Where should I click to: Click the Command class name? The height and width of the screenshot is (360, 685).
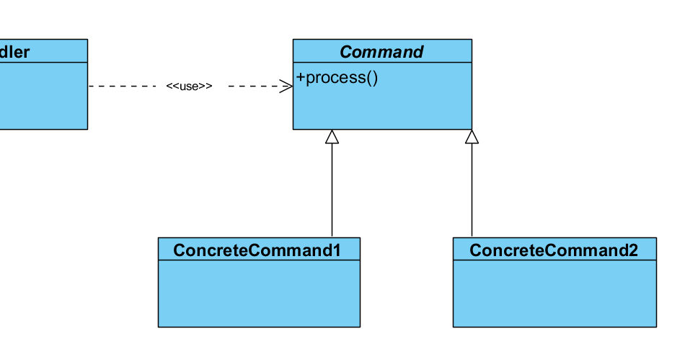[381, 52]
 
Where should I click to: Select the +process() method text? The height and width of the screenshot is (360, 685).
[337, 77]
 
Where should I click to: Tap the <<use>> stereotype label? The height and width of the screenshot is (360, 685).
[189, 87]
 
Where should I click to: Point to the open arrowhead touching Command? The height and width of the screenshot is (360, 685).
[286, 87]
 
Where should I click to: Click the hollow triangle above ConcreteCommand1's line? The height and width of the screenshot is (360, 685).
[332, 137]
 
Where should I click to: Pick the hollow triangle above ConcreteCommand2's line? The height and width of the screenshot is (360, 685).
[472, 137]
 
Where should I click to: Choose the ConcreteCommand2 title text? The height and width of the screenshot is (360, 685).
[553, 250]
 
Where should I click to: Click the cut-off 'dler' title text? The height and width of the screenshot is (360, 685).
[14, 52]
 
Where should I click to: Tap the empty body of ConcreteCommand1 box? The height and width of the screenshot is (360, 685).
[258, 294]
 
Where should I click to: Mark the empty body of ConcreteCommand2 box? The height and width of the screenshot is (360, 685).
[554, 294]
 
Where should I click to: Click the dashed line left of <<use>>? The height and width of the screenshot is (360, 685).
[123, 87]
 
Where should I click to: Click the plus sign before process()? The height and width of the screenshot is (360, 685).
[301, 77]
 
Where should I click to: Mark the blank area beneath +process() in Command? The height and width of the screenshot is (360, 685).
[381, 108]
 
